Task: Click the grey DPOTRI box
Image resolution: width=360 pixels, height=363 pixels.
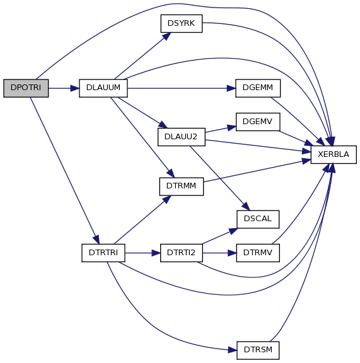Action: tap(26, 88)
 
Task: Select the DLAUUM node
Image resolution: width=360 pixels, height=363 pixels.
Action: tap(103, 88)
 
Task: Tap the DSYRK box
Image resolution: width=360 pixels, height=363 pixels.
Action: tap(182, 23)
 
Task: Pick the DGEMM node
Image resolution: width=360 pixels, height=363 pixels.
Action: tap(258, 88)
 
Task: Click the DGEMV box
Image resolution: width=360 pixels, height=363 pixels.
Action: tap(258, 122)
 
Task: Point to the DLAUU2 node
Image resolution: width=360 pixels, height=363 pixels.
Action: tap(182, 137)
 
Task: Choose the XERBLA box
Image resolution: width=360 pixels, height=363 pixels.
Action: tap(334, 154)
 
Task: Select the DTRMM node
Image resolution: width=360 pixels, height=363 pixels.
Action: tap(182, 187)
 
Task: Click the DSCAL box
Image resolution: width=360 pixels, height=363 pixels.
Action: tap(258, 219)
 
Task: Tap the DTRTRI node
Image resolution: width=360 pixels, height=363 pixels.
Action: tap(103, 253)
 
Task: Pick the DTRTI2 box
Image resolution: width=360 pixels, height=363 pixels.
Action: tap(182, 253)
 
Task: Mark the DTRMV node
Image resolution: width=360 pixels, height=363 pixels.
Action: tap(258, 253)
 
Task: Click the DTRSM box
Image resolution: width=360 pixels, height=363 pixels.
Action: tap(258, 350)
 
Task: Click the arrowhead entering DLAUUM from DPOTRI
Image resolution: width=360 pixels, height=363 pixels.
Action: tap(75, 88)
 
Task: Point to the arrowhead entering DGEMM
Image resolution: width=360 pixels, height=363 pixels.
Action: tap(231, 88)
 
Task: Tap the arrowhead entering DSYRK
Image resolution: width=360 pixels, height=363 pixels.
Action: tap(166, 37)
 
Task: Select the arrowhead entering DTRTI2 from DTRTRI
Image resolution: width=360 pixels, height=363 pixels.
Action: tap(156, 253)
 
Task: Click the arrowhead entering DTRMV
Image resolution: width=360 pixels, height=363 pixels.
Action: tap(232, 253)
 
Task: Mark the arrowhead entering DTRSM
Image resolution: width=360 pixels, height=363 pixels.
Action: tap(233, 350)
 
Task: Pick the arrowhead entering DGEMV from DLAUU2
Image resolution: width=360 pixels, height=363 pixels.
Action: tap(231, 127)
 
